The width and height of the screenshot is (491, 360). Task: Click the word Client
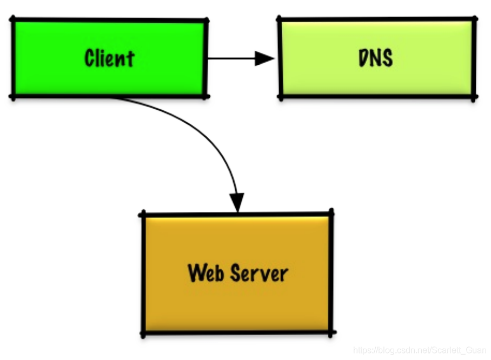pyautogui.click(x=109, y=58)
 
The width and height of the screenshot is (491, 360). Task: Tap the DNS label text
pyautogui.click(x=376, y=58)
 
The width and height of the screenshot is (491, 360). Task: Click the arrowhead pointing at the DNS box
pyautogui.click(x=266, y=58)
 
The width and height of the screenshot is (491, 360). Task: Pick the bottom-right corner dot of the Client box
pyautogui.click(x=205, y=96)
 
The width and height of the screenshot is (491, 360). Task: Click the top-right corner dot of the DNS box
pyautogui.click(x=474, y=19)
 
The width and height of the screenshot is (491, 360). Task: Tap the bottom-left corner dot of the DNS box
pyautogui.click(x=280, y=97)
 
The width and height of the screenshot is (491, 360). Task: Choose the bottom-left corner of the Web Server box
pyautogui.click(x=144, y=334)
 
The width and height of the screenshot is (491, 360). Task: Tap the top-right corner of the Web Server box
pyautogui.click(x=330, y=211)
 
